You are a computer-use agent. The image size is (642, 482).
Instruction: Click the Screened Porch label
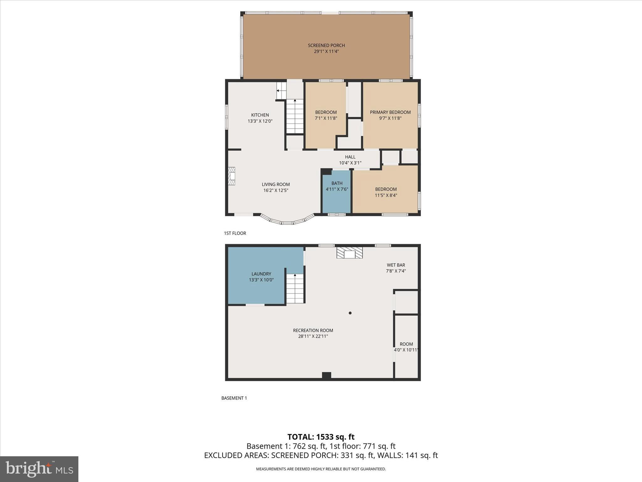pos(326,46)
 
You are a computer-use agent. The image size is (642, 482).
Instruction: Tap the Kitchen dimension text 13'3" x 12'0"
pos(260,121)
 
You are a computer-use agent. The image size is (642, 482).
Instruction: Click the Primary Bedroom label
pos(390,112)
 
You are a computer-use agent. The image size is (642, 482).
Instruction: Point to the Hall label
pos(350,157)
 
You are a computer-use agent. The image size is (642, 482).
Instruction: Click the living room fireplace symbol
pos(232,176)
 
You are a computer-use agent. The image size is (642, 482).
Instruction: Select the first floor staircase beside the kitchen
pos(295,116)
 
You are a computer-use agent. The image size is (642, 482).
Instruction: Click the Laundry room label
pos(261,274)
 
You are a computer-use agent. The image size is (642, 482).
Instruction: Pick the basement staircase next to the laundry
pos(295,288)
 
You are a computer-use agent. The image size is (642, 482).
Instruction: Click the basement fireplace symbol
pos(350,253)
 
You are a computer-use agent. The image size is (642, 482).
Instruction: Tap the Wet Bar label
pos(396,265)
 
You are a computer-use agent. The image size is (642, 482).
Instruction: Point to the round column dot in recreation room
pos(350,313)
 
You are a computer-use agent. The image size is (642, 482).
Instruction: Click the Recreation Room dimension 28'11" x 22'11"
pos(313,336)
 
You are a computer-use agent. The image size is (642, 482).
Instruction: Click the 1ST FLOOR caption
pos(235,233)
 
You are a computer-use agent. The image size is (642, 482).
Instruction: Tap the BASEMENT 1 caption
pos(234,398)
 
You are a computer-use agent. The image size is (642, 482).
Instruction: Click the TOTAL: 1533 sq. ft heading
pos(321,437)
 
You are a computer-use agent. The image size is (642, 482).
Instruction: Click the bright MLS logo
pos(39,469)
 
